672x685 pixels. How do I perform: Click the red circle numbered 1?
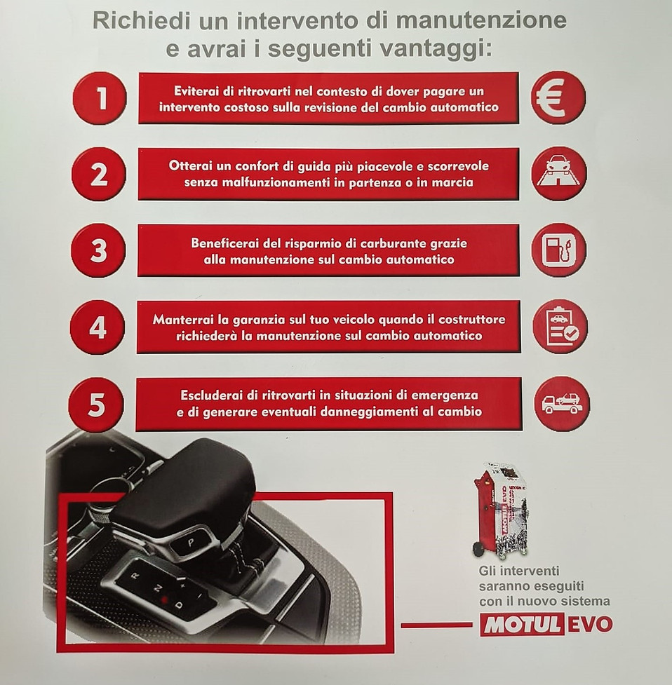[x=100, y=98]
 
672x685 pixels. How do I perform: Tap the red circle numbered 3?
[x=98, y=251]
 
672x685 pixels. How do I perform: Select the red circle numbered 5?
[x=97, y=405]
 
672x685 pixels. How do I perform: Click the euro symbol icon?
[x=558, y=98]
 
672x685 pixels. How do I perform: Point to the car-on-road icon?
[x=559, y=174]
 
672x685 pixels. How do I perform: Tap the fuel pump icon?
[x=559, y=250]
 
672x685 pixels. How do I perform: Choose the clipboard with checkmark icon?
[x=560, y=327]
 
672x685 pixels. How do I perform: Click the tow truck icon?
[x=562, y=404]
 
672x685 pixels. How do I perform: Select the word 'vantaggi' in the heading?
[x=431, y=49]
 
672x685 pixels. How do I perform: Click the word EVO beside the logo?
[x=589, y=625]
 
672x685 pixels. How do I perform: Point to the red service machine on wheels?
[x=500, y=511]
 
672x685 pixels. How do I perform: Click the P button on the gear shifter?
[x=191, y=543]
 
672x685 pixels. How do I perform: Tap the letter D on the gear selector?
[x=178, y=605]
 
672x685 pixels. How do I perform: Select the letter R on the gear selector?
[x=135, y=576]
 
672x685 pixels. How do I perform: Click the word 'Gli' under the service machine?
[x=488, y=571]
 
